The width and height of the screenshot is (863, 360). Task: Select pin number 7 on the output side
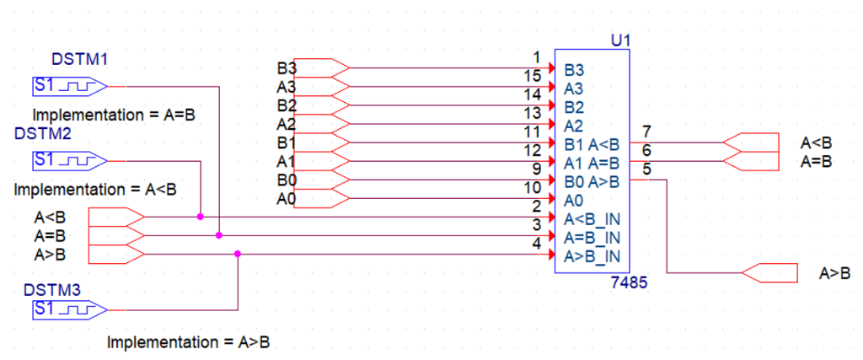click(646, 132)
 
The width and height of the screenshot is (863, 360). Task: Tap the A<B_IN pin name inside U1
click(592, 219)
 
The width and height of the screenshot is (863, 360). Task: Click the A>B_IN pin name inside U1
click(592, 255)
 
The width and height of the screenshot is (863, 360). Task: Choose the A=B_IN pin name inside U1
click(592, 237)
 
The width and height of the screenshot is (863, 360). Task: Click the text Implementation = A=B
click(114, 114)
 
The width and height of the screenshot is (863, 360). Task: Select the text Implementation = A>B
click(189, 342)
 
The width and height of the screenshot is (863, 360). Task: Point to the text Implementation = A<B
click(95, 189)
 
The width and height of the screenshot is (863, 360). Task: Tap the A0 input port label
click(286, 199)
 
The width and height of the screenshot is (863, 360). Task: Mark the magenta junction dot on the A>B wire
click(238, 253)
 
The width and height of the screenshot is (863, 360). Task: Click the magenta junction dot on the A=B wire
click(219, 235)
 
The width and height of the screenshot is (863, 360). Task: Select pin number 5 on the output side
click(646, 169)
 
